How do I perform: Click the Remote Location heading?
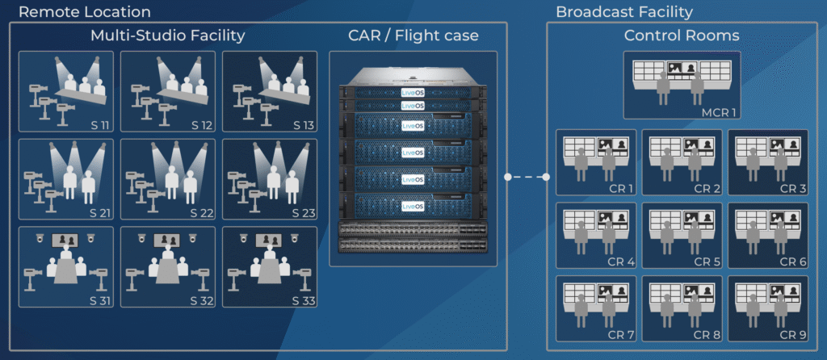84,11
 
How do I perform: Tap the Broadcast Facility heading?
624,11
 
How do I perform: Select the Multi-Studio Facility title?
168,36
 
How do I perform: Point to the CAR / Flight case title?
413,36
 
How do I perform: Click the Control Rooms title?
682,36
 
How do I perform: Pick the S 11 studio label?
99,125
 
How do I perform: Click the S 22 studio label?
201,213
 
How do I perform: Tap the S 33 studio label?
304,302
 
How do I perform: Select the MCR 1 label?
717,113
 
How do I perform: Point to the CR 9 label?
793,335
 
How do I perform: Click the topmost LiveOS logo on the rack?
413,93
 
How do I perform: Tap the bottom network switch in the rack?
413,244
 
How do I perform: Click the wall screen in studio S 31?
65,241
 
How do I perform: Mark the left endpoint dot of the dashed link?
507,177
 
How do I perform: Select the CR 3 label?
793,189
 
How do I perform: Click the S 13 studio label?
304,125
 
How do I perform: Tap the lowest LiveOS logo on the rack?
413,206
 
